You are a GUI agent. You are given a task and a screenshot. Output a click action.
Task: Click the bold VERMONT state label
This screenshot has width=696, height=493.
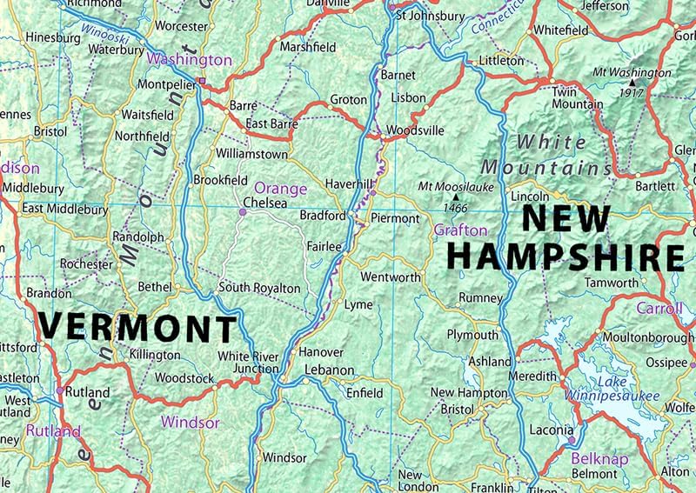coord(137,328)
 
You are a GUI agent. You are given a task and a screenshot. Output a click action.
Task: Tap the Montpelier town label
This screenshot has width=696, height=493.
coord(167,85)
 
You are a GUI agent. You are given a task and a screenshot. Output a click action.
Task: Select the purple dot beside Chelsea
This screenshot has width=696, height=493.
coord(243,211)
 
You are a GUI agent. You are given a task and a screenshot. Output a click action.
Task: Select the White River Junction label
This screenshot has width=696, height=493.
coord(249,363)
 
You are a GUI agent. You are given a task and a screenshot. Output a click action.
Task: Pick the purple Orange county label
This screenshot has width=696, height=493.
coord(280,188)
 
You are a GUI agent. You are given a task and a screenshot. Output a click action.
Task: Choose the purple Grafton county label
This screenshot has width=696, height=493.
coord(460,230)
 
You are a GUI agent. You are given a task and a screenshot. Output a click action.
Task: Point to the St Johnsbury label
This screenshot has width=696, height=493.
coord(430,15)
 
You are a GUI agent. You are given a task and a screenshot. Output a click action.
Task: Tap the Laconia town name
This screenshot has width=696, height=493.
coord(552,430)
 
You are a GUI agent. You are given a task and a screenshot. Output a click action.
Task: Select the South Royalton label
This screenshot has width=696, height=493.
coord(259,288)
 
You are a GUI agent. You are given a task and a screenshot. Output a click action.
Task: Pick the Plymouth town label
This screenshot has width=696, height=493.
coord(472,335)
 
